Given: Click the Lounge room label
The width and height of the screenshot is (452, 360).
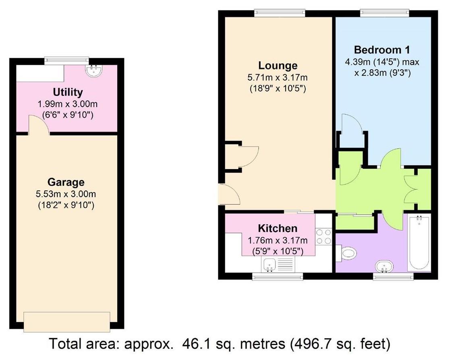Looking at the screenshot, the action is (278, 65).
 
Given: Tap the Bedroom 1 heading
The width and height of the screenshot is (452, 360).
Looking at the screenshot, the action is (382, 50).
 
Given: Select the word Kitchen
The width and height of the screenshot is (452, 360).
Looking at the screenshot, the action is (278, 228).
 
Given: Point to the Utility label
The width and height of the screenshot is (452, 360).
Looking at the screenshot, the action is (68, 92).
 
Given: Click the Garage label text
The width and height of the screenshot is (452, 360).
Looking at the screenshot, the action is (66, 182).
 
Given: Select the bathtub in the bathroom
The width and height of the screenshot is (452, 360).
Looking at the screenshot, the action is (419, 243).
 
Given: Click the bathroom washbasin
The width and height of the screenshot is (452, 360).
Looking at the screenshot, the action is (384, 267).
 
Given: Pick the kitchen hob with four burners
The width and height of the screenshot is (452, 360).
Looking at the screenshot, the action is (324, 236).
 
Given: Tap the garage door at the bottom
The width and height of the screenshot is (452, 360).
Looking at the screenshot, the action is (67, 322).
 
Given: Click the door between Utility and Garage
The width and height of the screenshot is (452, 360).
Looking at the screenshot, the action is (39, 125).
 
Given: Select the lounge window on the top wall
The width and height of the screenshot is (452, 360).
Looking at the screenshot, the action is (280, 13).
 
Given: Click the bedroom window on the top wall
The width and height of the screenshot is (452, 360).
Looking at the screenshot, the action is (384, 13).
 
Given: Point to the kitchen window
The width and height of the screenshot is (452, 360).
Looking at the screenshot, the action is (277, 276).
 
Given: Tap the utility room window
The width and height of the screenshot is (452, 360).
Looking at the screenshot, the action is (66, 60).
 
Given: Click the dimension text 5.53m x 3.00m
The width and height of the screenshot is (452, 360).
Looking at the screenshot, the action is (66, 194).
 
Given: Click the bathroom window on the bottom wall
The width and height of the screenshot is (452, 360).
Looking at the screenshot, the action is (393, 276).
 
